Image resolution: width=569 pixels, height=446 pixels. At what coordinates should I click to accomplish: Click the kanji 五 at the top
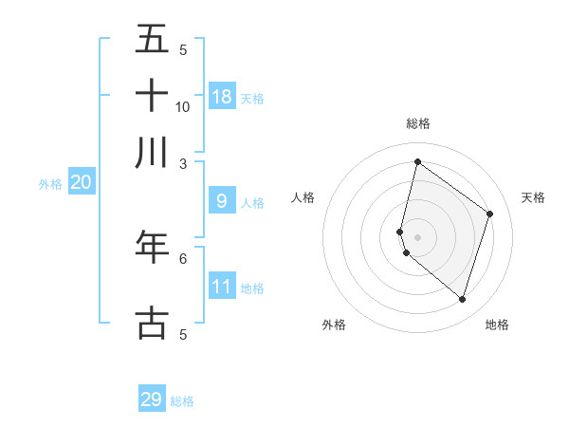click(x=152, y=39)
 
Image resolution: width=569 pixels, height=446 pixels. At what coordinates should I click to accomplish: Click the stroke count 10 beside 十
click(x=183, y=106)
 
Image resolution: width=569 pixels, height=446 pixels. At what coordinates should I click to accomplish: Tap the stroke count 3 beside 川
click(x=183, y=163)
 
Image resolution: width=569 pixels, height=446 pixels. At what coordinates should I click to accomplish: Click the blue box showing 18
click(x=222, y=96)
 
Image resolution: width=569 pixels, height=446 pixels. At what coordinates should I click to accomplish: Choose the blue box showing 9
click(x=222, y=201)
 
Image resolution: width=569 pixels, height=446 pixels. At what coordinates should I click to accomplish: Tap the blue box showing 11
click(x=222, y=286)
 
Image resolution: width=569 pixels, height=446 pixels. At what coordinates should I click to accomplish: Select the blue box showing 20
click(x=81, y=183)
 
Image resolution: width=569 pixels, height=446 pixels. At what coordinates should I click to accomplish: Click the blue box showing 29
click(x=152, y=400)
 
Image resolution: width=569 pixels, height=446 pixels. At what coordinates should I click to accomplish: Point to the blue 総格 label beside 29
click(x=182, y=401)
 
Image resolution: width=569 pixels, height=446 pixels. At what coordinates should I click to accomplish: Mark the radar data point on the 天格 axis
click(x=490, y=214)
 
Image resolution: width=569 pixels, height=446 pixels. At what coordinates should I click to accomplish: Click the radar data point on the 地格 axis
click(x=463, y=299)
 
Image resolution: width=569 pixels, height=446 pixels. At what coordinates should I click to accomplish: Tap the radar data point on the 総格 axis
click(x=417, y=161)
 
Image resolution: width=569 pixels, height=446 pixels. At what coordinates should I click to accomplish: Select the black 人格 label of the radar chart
click(x=303, y=197)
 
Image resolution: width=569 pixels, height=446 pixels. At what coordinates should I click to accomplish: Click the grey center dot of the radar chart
click(x=417, y=236)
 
